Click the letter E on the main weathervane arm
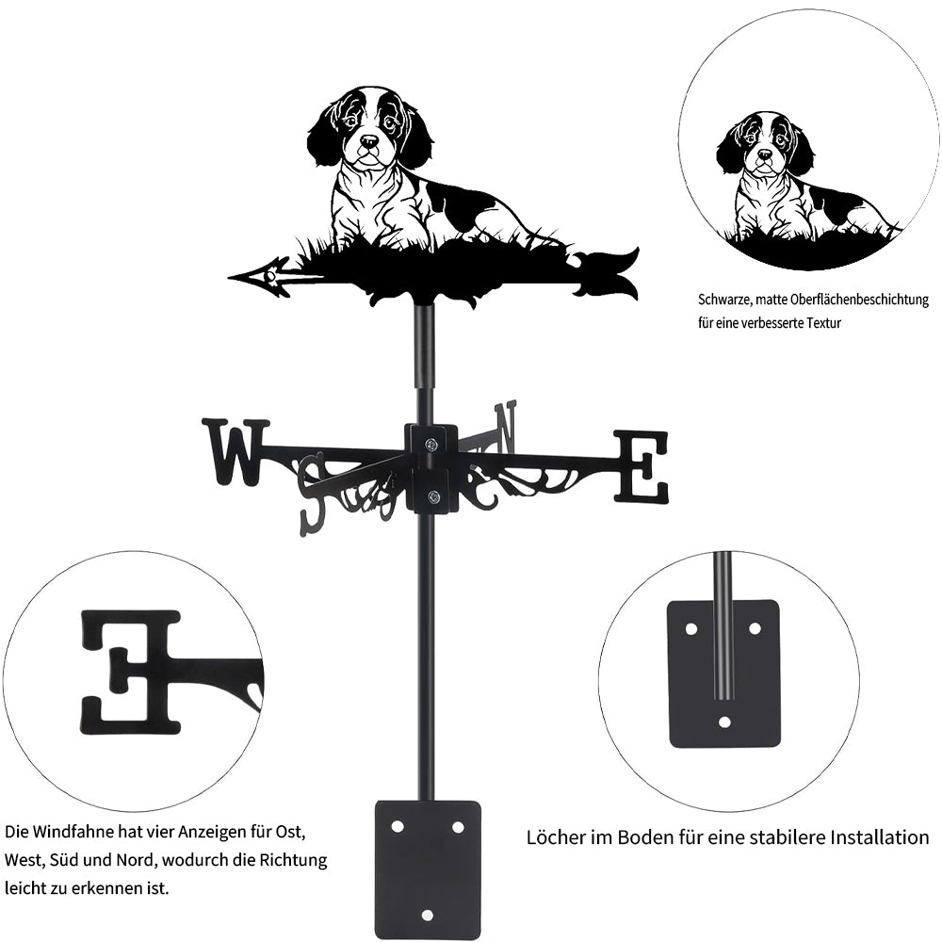pos(641,466)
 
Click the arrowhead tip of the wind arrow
pos(229,278)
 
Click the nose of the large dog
pos(368,141)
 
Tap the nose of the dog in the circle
pos(764,155)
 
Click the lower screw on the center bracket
pos(432,496)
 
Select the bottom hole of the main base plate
pos(427,915)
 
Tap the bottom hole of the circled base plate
pos(724,723)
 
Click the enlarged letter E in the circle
pos(131,673)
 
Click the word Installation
pos(880,836)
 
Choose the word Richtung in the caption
pos(293,860)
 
